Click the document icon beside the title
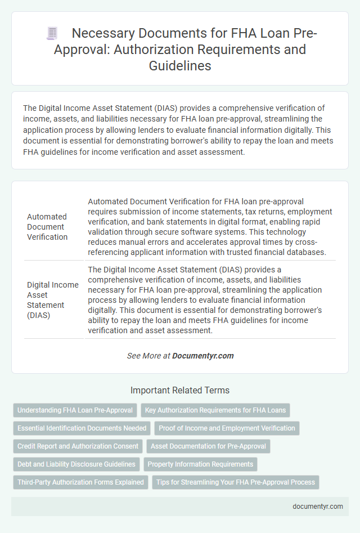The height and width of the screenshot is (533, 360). tap(51, 34)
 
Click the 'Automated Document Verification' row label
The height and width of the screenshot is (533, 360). tap(47, 227)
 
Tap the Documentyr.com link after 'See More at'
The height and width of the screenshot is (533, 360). tap(202, 356)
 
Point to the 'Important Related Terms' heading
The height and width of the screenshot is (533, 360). tap(180, 390)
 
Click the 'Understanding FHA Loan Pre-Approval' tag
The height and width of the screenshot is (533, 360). tap(75, 410)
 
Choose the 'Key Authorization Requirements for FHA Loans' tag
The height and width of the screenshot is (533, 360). tap(215, 410)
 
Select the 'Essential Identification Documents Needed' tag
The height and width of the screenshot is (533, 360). tap(82, 428)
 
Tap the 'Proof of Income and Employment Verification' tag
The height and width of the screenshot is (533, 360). tap(227, 428)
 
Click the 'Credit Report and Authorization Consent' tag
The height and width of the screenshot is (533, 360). tap(78, 446)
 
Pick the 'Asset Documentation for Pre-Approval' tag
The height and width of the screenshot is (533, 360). tap(209, 446)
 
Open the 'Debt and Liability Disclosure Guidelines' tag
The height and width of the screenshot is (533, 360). tap(76, 464)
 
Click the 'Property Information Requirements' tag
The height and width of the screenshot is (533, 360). tap(200, 464)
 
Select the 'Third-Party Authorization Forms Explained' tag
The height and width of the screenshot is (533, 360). tap(80, 482)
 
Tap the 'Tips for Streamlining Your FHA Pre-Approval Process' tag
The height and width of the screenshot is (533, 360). tap(235, 482)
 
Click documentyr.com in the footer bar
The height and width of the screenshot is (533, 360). tap(318, 506)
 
